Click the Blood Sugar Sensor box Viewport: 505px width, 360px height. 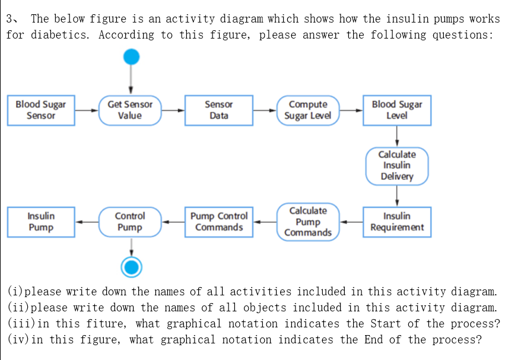(41, 110)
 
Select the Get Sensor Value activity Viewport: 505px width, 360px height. (130, 110)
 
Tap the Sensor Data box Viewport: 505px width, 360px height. (219, 110)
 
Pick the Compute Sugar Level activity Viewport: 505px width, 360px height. (308, 110)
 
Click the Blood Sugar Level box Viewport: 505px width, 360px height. (397, 110)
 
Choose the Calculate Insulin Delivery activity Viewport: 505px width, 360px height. (397, 165)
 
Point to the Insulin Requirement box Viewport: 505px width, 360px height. (397, 222)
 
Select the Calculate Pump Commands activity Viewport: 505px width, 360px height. (308, 222)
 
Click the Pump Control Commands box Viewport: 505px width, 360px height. (219, 222)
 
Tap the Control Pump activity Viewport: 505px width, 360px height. (130, 222)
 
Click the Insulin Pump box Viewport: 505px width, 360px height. (41, 222)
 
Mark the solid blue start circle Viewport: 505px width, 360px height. (131, 57)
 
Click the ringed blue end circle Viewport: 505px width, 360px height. (131, 267)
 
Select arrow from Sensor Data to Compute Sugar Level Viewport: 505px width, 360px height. (265, 110)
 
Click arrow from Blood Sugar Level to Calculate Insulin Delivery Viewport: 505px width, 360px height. (397, 136)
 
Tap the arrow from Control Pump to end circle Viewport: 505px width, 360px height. (131, 246)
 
